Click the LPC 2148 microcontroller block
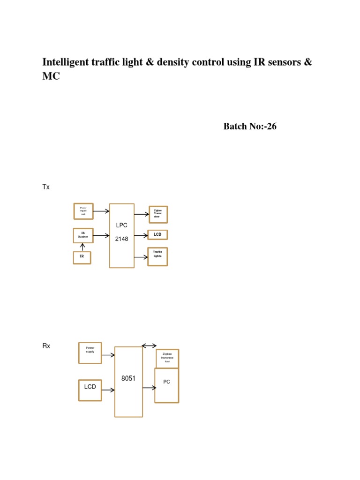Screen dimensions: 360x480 pos(122,235)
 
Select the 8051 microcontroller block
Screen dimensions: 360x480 pos(128,382)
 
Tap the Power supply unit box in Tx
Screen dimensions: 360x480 pos(83,211)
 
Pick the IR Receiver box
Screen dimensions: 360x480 pos(83,235)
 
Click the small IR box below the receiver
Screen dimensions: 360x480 pos(82,258)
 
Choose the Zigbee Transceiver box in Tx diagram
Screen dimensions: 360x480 pos(157,214)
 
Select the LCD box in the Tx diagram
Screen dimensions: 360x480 pos(157,234)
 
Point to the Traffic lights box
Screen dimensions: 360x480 pos(157,256)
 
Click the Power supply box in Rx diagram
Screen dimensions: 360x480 pos(90,352)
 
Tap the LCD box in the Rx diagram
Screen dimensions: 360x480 pos(90,390)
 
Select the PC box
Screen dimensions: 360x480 pos(166,385)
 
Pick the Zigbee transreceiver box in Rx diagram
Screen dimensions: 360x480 pos(167,358)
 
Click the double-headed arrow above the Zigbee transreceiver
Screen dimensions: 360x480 pos(149,346)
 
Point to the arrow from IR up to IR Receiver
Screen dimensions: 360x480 pos(82,247)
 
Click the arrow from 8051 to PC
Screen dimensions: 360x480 pos(149,388)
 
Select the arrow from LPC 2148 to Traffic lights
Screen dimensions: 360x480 pos(141,257)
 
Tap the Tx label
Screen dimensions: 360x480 pos(46,187)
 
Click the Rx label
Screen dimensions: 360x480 pos(46,346)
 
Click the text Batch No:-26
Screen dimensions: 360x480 pos(250,127)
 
